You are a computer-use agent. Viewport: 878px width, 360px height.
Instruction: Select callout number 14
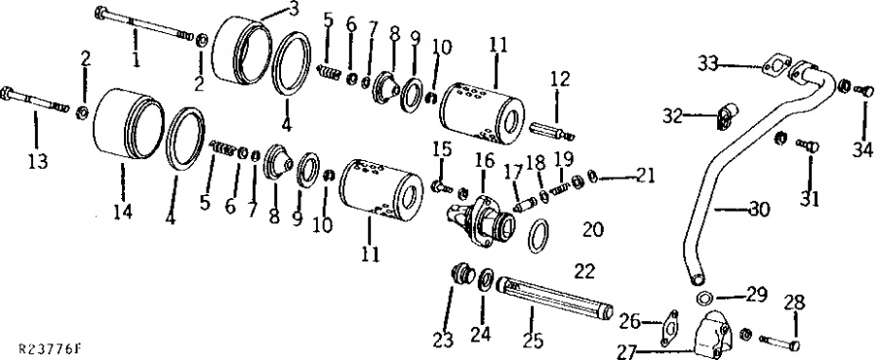point(123,212)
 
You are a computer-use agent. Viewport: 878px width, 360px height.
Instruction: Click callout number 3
point(294,9)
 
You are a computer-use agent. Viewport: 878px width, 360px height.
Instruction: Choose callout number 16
point(485,162)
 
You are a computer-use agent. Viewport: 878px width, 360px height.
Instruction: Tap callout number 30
point(759,209)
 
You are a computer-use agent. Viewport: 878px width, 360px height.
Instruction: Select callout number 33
point(709,63)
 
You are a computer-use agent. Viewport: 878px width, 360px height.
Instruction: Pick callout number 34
point(862,150)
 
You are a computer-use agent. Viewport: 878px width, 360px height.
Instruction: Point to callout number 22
point(584,271)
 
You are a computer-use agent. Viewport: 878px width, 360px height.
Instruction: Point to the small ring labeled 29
point(705,298)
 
